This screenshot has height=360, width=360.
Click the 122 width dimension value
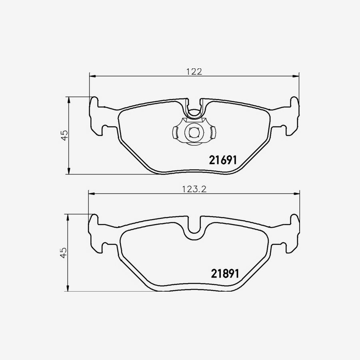(x=194, y=72)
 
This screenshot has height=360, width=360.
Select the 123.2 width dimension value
(x=194, y=189)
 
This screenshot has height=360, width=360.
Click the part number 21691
(x=223, y=160)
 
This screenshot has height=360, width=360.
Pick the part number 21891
(x=224, y=274)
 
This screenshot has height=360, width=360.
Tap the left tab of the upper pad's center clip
(x=176, y=132)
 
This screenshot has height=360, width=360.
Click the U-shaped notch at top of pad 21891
(x=194, y=230)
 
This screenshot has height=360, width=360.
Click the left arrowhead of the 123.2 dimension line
(x=91, y=194)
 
